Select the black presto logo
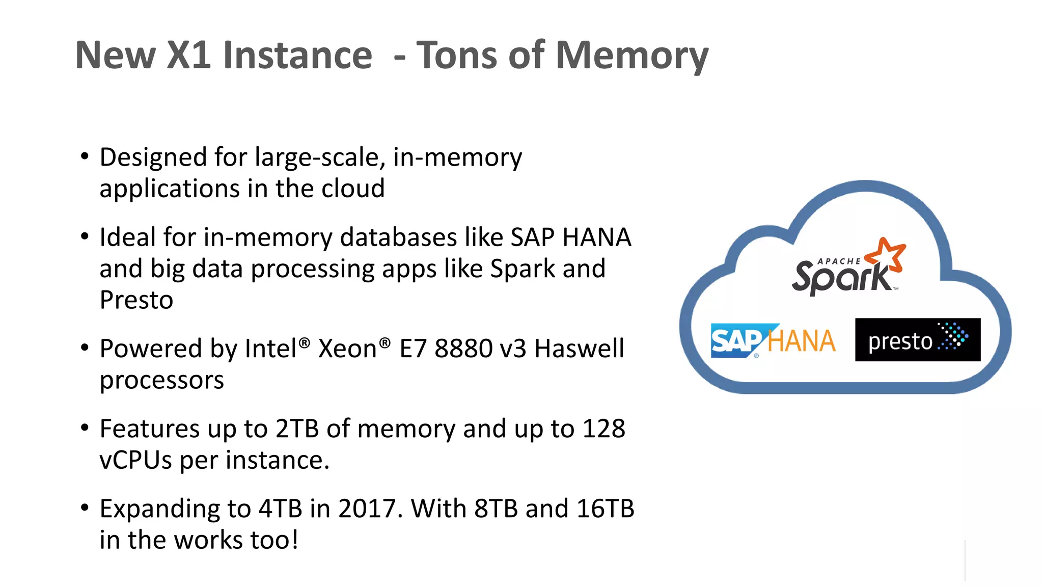917,340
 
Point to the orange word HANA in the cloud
802,341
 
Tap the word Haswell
579,349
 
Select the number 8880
463,349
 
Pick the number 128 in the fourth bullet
603,429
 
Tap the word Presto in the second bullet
136,300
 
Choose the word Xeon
348,349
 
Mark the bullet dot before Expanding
85,508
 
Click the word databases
398,237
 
